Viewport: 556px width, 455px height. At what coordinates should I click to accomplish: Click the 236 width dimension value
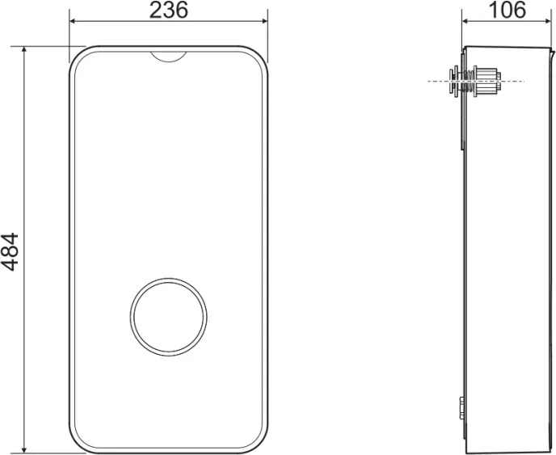168,11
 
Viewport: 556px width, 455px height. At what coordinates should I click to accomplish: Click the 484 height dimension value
10,252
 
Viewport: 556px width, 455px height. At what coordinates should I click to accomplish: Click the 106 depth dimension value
507,10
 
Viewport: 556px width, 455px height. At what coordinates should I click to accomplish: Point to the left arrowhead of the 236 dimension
73,21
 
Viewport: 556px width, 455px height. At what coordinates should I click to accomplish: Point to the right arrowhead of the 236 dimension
264,21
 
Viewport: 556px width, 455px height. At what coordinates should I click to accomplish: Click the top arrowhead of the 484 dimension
24,49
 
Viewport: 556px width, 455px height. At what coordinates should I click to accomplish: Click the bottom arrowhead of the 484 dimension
24,449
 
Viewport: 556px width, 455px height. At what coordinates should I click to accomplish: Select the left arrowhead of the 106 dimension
465,21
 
